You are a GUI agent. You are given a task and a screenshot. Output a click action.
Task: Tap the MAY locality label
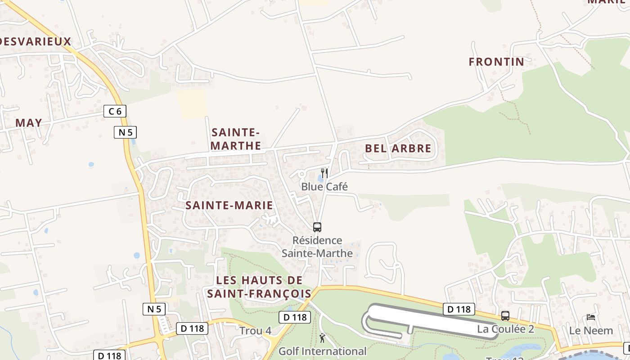pyautogui.click(x=29, y=122)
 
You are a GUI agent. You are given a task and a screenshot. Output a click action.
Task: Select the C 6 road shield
pyautogui.click(x=115, y=111)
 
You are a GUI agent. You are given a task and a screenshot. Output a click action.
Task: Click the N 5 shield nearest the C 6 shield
pyautogui.click(x=125, y=132)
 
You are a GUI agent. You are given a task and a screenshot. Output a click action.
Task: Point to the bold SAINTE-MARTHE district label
pyautogui.click(x=236, y=139)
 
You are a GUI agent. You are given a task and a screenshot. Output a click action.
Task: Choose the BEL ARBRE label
pyautogui.click(x=398, y=148)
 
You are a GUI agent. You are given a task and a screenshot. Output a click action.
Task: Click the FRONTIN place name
pyautogui.click(x=497, y=62)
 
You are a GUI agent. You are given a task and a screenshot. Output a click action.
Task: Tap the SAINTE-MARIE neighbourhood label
pyautogui.click(x=229, y=206)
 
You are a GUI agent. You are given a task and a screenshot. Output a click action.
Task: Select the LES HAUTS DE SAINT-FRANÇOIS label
pyautogui.click(x=259, y=287)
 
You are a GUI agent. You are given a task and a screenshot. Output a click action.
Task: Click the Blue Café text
pyautogui.click(x=324, y=187)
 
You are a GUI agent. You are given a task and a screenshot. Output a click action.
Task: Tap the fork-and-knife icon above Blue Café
pyautogui.click(x=324, y=173)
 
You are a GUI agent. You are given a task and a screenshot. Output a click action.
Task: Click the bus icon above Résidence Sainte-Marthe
pyautogui.click(x=317, y=227)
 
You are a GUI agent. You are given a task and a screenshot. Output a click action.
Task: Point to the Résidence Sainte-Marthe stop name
pyautogui.click(x=317, y=247)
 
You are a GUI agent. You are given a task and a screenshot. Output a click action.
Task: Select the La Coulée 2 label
pyautogui.click(x=505, y=329)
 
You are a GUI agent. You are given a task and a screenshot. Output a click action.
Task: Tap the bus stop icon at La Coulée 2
pyautogui.click(x=505, y=316)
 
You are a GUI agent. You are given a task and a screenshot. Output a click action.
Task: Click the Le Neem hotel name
pyautogui.click(x=591, y=331)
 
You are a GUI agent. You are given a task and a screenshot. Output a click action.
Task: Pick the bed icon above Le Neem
pyautogui.click(x=591, y=317)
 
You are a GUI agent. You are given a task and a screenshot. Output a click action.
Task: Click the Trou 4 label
pyautogui.click(x=255, y=331)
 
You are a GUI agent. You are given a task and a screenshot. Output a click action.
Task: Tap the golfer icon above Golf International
pyautogui.click(x=322, y=338)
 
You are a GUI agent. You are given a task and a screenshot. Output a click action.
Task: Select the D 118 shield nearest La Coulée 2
pyautogui.click(x=459, y=309)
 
